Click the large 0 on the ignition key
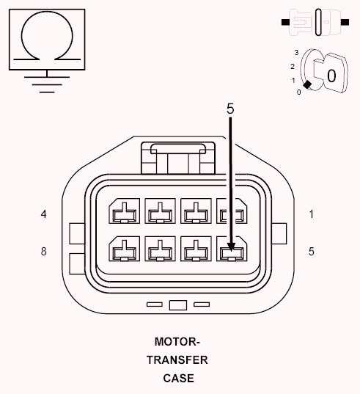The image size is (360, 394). [x=331, y=75]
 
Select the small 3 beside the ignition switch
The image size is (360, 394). [x=295, y=53]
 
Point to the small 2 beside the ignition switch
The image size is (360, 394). [x=292, y=66]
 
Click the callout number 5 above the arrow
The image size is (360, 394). [x=230, y=108]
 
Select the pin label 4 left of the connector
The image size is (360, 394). [x=44, y=214]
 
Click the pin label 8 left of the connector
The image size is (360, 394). [x=44, y=251]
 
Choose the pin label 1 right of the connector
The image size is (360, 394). [x=312, y=214]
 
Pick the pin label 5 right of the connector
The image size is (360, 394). [x=312, y=251]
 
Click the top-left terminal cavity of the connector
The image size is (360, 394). [x=123, y=213]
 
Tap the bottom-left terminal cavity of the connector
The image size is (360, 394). [x=123, y=251]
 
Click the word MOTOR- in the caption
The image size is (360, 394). [x=177, y=342]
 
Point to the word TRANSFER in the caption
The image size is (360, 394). [x=177, y=360]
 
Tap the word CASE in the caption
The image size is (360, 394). [x=179, y=379]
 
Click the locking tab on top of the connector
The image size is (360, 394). [x=177, y=154]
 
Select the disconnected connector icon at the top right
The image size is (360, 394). [x=315, y=22]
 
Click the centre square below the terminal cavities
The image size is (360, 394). [x=177, y=304]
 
